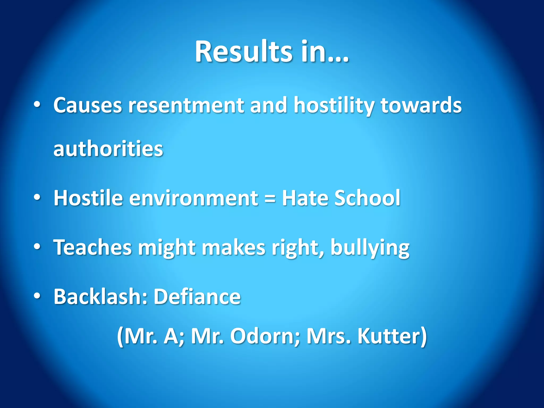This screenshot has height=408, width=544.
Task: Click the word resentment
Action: point(186,106)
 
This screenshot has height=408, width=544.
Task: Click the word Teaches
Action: point(92,247)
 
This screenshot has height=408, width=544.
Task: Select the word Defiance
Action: point(197,296)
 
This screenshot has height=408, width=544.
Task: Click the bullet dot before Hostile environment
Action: point(37,198)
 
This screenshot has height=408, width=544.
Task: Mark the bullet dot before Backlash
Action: point(37,296)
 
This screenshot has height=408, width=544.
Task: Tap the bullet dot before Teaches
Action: point(37,247)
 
